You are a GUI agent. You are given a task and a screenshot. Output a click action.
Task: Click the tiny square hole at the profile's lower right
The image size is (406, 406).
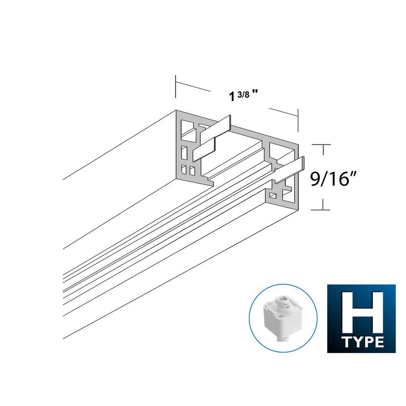tap(273, 196)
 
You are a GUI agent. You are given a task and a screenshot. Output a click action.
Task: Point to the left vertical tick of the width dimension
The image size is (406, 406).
tap(175, 86)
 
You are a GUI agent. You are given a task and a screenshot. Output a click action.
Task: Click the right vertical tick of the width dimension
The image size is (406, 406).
tap(298, 120)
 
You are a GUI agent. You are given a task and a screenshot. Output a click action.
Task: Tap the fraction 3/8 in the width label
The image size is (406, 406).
tap(245, 94)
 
